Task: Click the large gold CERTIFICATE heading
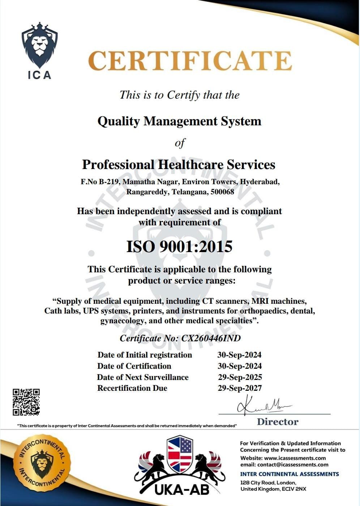(190, 61)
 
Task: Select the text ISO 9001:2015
(179, 247)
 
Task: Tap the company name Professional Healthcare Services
(179, 165)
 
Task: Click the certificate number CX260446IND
(211, 338)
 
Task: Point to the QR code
(26, 402)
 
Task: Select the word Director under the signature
(278, 422)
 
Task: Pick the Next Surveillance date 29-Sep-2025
(240, 377)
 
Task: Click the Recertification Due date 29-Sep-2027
(240, 388)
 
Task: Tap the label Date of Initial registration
(145, 355)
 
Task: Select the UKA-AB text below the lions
(182, 490)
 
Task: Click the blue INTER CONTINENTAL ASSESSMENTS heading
(290, 474)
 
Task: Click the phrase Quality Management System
(179, 121)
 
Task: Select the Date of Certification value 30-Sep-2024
(240, 366)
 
